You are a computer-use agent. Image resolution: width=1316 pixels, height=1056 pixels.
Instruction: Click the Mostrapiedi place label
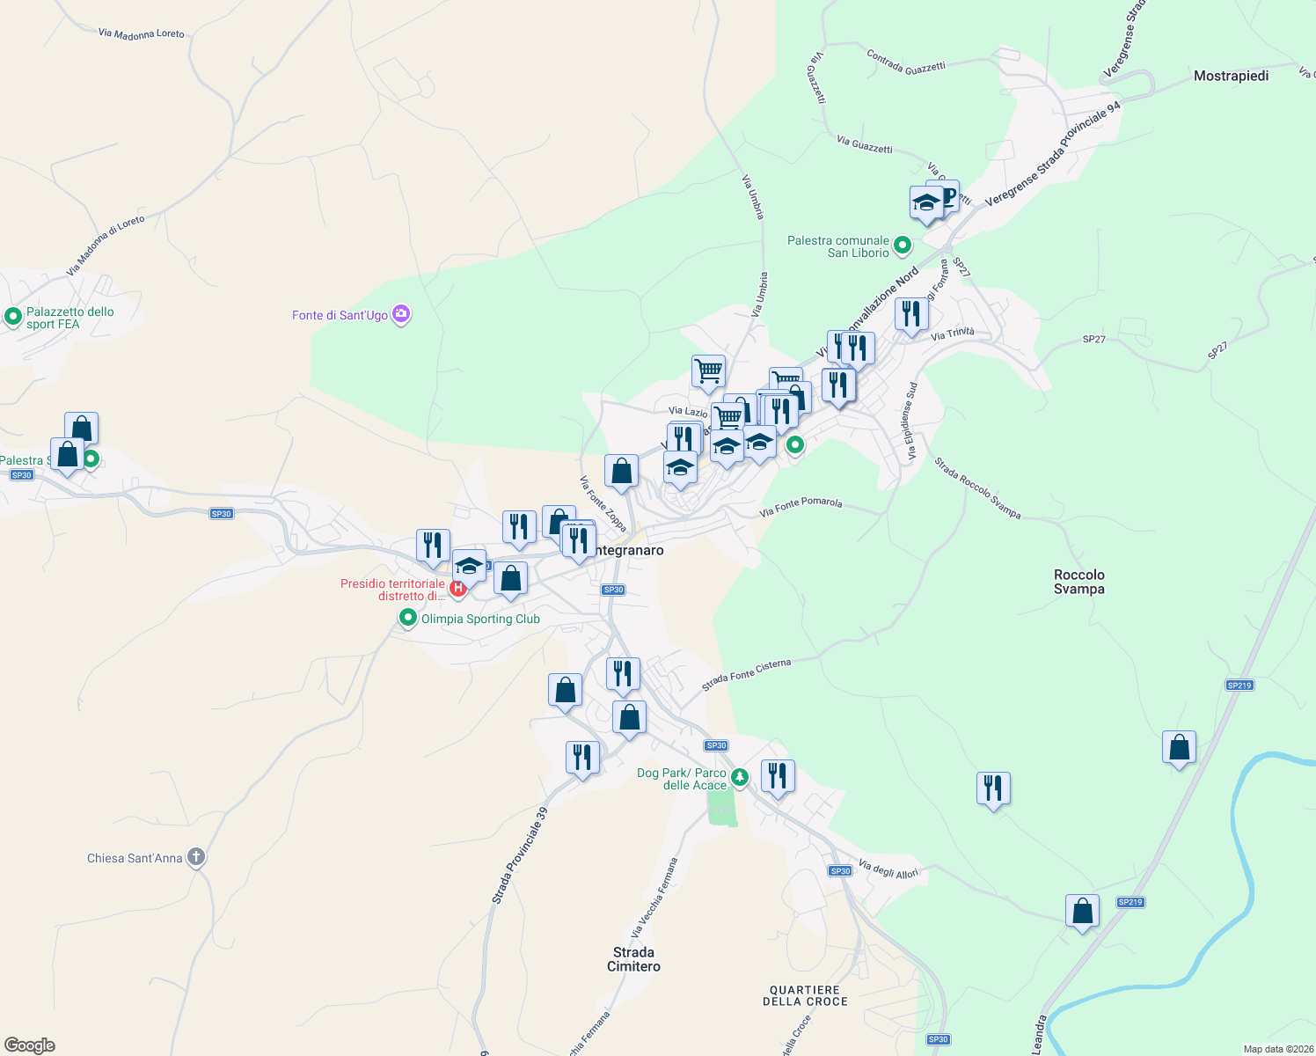point(1231,76)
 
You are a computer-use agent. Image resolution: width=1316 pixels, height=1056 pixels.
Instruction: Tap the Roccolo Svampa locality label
point(1078,582)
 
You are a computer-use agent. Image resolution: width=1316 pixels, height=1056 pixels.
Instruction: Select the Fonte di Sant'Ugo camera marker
point(401,314)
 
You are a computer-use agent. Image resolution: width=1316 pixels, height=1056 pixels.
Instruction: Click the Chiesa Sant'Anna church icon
point(196,857)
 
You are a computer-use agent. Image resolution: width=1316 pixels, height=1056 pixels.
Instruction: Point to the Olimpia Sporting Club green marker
point(407,619)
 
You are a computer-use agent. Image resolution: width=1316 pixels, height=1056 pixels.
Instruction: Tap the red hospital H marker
point(457,588)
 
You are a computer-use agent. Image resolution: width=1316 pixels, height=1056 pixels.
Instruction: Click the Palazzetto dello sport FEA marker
point(13,316)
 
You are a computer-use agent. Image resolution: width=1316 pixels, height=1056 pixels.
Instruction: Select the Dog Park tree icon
point(740,776)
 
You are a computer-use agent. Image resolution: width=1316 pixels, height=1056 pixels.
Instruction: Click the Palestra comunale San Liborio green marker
point(902,246)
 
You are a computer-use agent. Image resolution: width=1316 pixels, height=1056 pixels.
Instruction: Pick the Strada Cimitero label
point(633,959)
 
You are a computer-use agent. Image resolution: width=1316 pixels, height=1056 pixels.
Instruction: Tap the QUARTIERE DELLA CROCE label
point(805,995)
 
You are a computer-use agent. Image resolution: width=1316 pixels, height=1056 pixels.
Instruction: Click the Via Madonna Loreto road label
point(142,33)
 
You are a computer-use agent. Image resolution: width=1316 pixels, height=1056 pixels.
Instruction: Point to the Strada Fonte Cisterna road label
point(746,674)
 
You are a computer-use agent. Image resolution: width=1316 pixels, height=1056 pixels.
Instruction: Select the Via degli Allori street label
point(888,869)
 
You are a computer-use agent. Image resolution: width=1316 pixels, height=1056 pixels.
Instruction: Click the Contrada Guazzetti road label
point(906,62)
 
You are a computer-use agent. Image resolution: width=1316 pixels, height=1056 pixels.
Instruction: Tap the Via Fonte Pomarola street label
point(801,506)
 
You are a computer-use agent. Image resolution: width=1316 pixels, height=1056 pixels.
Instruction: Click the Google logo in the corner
point(30,1045)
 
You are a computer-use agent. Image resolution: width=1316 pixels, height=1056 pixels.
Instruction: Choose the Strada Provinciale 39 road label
point(520,855)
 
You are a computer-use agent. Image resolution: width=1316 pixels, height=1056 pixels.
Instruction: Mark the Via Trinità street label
point(953,334)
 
